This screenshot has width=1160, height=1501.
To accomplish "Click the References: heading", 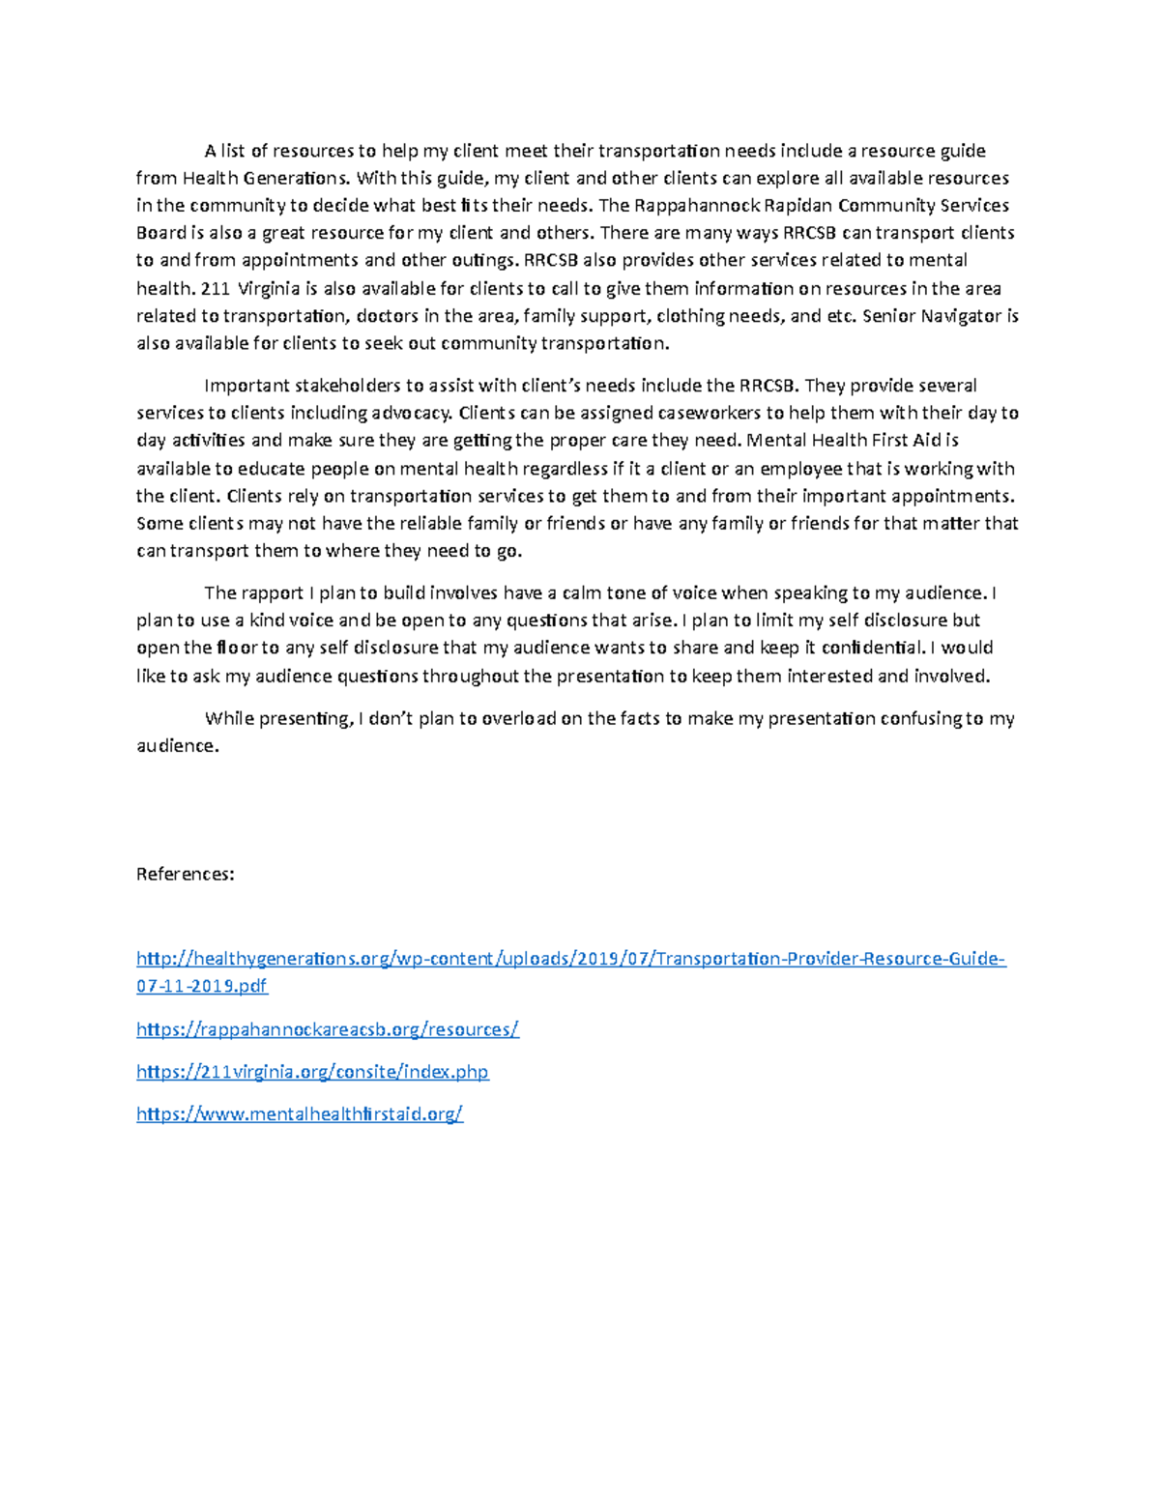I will tap(185, 875).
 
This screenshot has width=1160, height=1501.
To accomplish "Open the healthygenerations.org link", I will tap(570, 960).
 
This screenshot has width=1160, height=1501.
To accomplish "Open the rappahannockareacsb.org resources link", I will tap(328, 1030).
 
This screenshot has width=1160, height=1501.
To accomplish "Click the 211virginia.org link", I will tap(312, 1073).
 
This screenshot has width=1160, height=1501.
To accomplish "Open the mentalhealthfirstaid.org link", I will tap(300, 1114).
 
